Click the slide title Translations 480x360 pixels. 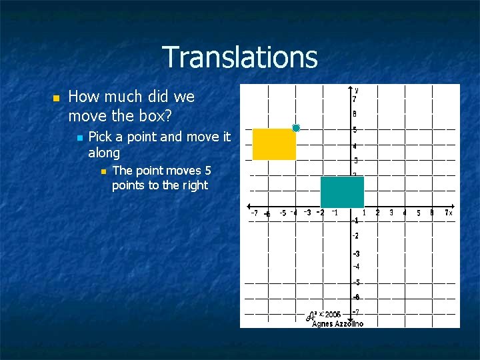click(239, 57)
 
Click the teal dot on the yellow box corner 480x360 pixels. click(296, 127)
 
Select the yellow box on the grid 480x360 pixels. click(274, 145)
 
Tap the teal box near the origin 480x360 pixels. click(342, 192)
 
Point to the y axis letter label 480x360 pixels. click(357, 89)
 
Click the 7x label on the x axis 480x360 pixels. click(449, 213)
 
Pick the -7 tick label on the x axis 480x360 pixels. click(254, 213)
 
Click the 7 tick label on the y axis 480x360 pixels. click(354, 99)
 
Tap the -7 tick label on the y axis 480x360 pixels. click(356, 312)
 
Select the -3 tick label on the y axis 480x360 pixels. click(356, 254)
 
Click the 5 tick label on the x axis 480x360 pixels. click(419, 213)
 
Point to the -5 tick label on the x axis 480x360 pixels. click(283, 213)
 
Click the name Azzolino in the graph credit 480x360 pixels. click(349, 323)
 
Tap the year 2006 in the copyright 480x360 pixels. click(333, 314)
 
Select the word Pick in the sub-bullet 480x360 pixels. click(100, 137)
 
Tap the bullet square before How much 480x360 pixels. click(56, 98)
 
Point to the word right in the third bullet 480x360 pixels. click(195, 185)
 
